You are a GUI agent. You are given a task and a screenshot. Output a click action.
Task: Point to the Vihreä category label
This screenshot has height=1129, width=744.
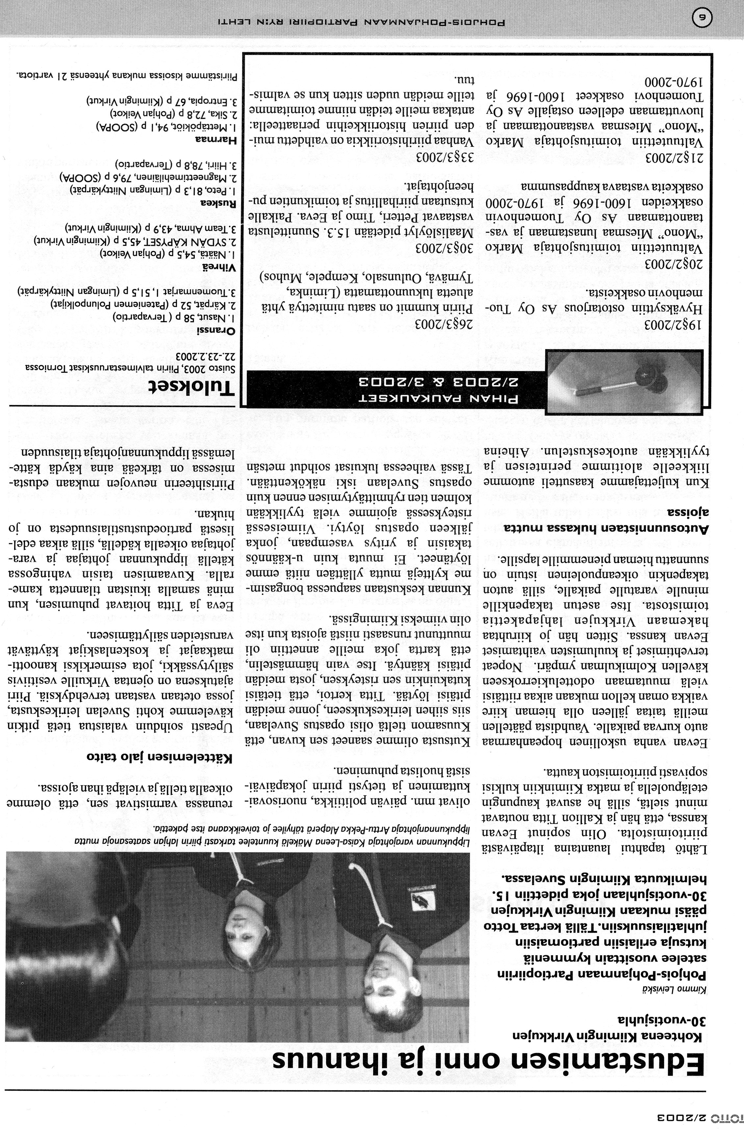pos(223,267)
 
